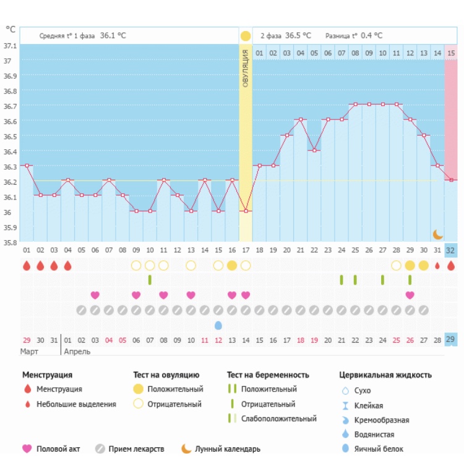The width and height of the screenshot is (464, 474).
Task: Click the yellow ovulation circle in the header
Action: coord(246,36)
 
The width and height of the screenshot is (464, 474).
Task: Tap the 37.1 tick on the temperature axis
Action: coord(11,46)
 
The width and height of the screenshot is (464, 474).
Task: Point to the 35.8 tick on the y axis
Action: coord(11,243)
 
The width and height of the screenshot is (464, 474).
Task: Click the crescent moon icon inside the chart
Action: coord(438,234)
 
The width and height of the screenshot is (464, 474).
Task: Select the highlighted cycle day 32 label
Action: coord(451,250)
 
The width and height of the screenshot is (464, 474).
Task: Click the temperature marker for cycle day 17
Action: coord(246,211)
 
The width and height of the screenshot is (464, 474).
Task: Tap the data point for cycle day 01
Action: coord(27,165)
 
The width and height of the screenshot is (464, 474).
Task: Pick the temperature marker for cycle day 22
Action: coord(314,151)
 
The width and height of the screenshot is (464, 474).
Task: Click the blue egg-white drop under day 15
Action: coord(218,325)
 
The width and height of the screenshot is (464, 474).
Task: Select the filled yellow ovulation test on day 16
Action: coord(232,265)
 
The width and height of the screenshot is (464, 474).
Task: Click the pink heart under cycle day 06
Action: coord(95,295)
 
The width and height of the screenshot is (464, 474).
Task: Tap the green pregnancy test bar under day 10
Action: coord(150,280)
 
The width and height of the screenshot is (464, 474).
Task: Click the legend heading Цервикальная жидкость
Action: coord(385,375)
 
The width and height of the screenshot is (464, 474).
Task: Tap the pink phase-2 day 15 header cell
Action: coord(451,53)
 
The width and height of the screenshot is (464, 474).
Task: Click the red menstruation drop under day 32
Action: coord(451,265)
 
